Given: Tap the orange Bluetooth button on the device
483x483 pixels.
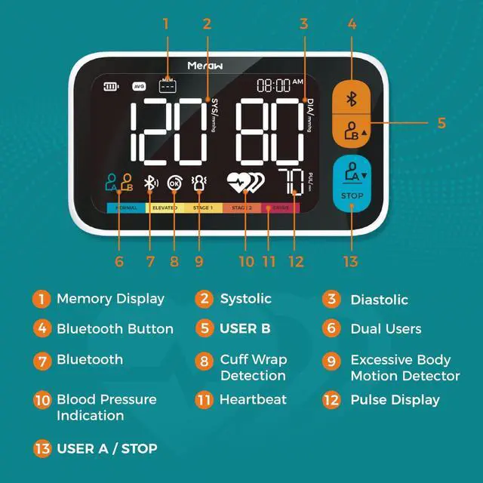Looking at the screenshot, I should click(350, 99).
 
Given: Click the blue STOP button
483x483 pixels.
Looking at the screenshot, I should click(351, 195).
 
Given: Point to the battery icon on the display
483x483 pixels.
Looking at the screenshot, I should click(112, 87).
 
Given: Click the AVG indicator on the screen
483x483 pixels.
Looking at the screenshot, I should click(139, 87).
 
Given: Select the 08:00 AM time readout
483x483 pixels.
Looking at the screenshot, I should click(279, 85).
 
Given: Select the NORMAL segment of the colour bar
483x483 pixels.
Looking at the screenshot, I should click(125, 207).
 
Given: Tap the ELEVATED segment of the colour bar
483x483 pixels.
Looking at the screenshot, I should click(165, 207).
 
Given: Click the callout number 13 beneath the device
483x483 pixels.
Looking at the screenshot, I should click(350, 261).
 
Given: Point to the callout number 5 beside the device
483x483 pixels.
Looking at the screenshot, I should click(441, 123).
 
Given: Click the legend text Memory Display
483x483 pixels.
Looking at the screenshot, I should click(110, 299).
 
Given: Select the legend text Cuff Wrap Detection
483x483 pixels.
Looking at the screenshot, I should click(253, 368).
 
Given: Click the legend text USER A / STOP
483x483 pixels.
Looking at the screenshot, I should click(106, 449).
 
